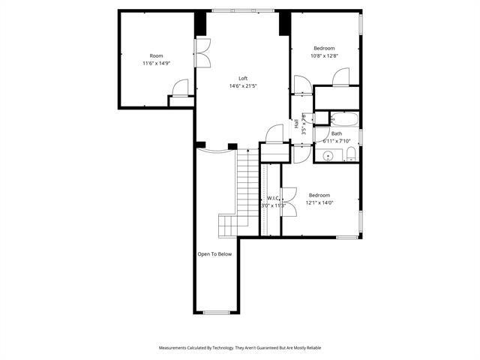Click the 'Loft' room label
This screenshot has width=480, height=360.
coord(243,78)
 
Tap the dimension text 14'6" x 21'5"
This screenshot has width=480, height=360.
coord(243,85)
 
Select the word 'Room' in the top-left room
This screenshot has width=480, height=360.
coord(156,55)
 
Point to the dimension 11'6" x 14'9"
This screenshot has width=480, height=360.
coord(156,63)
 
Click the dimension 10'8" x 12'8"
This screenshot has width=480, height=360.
coord(325,55)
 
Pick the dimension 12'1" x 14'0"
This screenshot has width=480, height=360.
coord(319,202)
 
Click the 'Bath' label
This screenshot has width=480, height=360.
coord(337,133)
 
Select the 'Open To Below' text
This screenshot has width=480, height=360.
coord(214,254)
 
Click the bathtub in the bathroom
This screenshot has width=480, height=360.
coord(345,119)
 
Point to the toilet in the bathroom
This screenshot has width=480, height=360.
coord(350,155)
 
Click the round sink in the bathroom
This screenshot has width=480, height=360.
coord(328,156)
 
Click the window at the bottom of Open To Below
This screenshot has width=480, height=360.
coord(216,313)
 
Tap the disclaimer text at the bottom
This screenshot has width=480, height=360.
coord(239,348)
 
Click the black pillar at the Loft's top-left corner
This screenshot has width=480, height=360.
coord(200,23)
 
